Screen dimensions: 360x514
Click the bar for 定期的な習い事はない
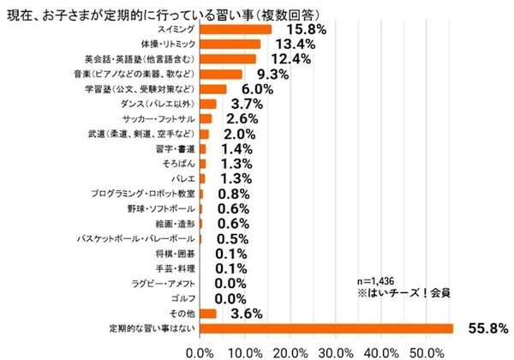(326, 327)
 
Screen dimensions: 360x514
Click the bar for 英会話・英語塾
(227, 59)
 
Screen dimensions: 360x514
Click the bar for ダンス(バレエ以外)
(207, 104)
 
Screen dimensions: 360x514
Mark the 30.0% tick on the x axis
(337, 351)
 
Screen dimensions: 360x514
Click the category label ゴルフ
(183, 297)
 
